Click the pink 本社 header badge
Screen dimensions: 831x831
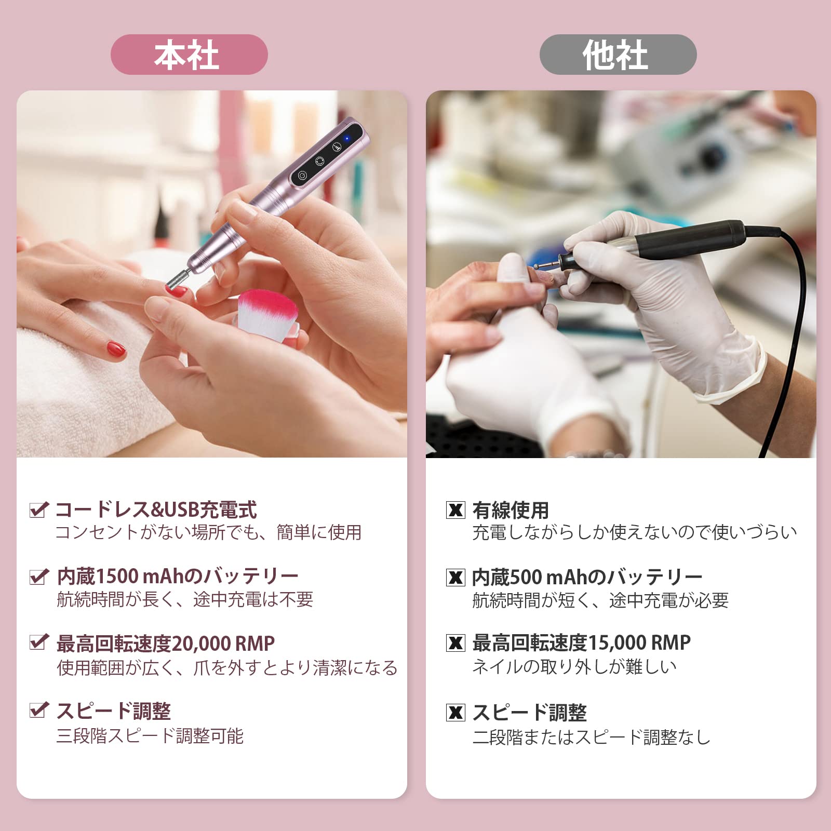tap(189, 55)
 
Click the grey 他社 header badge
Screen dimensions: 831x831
tap(618, 55)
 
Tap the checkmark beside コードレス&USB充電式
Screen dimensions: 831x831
tap(39, 510)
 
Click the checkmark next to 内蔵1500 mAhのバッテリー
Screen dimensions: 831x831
tap(39, 576)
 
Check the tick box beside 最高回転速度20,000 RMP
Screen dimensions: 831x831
tap(39, 642)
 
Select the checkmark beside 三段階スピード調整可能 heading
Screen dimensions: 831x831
tap(39, 709)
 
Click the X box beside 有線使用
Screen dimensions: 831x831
tap(455, 510)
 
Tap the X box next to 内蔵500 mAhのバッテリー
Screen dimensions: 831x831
tap(455, 577)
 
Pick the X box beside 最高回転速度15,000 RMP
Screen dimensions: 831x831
tap(455, 643)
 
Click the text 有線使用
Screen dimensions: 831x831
tap(511, 511)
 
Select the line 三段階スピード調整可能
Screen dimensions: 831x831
tap(150, 736)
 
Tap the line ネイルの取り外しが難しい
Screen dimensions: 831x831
tap(574, 667)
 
